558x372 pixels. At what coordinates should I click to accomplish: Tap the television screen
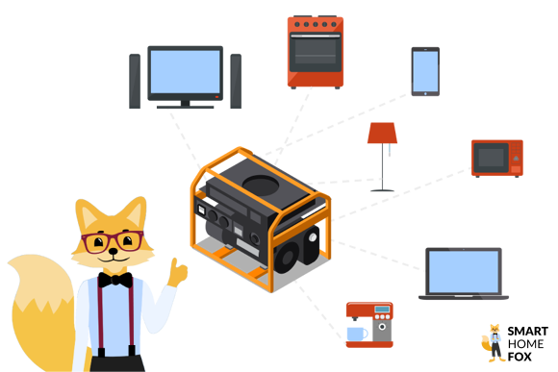pos(185,72)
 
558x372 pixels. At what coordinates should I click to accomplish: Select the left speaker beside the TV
pos(135,81)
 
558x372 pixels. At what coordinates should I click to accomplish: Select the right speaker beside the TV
pos(235,81)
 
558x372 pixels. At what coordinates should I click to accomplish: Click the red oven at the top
pos(316,52)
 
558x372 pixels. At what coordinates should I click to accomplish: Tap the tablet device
pos(424,70)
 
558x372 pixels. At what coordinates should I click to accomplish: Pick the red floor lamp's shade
pos(383,132)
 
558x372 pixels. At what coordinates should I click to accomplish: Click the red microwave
pos(496,158)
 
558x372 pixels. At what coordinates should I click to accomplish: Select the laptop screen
pos(463,271)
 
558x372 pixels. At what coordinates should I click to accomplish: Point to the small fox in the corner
pos(495,342)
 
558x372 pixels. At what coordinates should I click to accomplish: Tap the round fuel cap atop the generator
pos(263,180)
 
